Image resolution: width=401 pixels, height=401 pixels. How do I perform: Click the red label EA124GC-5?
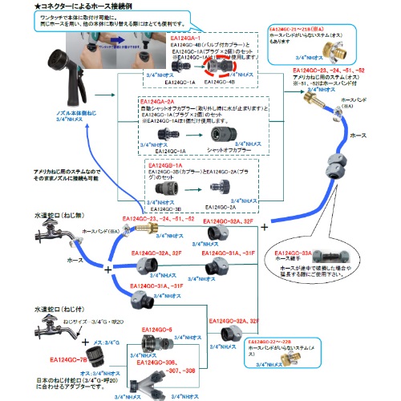coord(158,329)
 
